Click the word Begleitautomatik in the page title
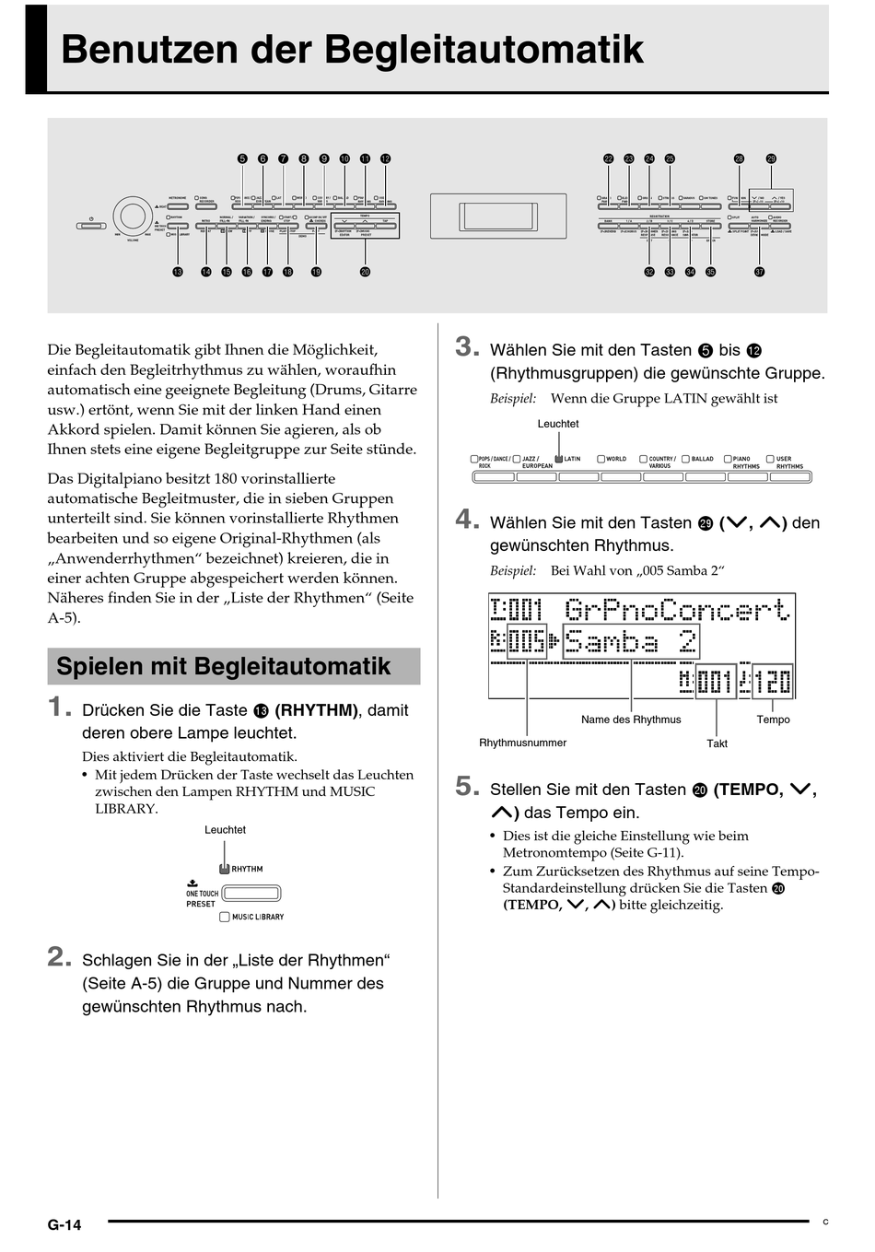pos(484,50)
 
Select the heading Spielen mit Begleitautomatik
pos(224,666)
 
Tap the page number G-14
pos(64,1224)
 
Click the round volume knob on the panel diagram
pos(133,216)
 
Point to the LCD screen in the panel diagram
pos(497,216)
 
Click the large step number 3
pos(467,347)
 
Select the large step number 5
pos(467,787)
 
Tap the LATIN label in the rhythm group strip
pos(572,459)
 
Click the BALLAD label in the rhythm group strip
pos(702,459)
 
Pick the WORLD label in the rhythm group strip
pos(616,459)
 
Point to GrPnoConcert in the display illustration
pos(677,610)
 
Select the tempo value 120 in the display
pos(773,682)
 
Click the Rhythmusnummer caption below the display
pos(522,743)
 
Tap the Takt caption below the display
pos(717,743)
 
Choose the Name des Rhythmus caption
pos(631,720)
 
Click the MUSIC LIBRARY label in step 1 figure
pos(258,917)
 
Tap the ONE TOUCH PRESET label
pos(202,898)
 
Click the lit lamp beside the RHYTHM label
pos(224,869)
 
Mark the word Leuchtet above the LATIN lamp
pos(558,424)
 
